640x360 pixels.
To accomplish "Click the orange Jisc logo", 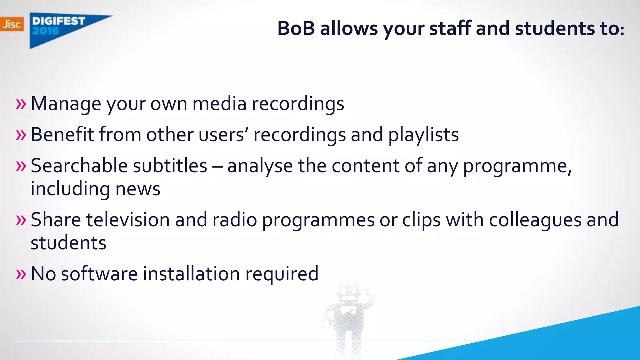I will (12, 24).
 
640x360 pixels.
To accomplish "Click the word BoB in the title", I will (296, 28).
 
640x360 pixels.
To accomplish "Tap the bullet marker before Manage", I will (21, 104).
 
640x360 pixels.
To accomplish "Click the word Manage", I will (66, 104).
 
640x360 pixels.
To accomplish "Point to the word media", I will (219, 104).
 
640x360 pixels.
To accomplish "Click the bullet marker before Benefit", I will (21, 135).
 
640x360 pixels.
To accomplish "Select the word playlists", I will (423, 135).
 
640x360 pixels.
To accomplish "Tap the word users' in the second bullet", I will (223, 135).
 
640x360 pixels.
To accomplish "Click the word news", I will (138, 189).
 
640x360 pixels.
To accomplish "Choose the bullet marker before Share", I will (21, 220).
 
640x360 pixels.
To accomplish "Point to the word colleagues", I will (535, 220).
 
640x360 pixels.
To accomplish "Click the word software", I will (99, 274).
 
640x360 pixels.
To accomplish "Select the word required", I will (282, 274).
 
